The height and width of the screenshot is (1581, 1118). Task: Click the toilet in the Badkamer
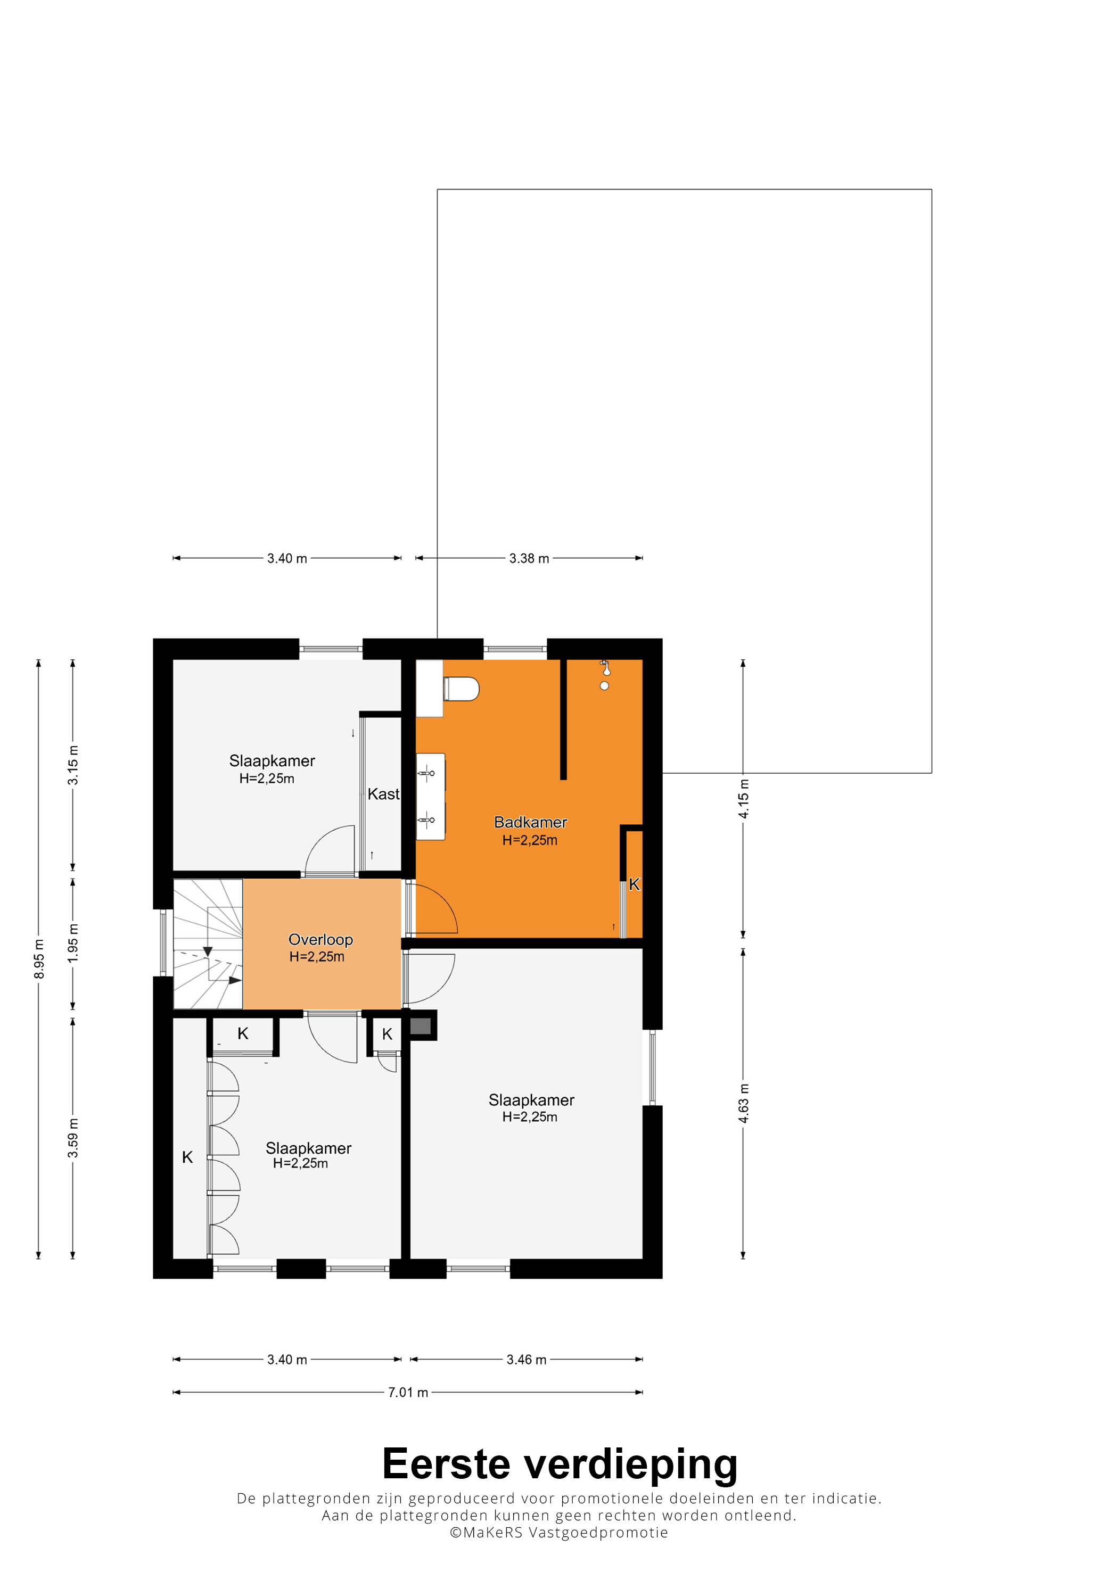461,689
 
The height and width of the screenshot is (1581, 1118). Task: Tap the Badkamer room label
530,822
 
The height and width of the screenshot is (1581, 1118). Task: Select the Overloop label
320,940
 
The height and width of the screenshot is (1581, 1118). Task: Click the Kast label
383,794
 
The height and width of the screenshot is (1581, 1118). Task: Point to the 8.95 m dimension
39,958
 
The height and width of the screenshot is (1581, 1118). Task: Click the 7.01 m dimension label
408,1392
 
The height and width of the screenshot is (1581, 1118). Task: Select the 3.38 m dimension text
529,558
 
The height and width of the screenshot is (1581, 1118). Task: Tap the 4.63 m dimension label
743,1103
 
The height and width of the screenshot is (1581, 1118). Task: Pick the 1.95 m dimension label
73,943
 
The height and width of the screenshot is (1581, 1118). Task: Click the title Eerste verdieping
560,1464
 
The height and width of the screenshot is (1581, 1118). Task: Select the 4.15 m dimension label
743,799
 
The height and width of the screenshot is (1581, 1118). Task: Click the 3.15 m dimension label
73,765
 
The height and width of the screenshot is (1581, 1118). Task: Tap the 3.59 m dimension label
73,1138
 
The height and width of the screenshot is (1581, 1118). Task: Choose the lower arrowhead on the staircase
235,980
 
